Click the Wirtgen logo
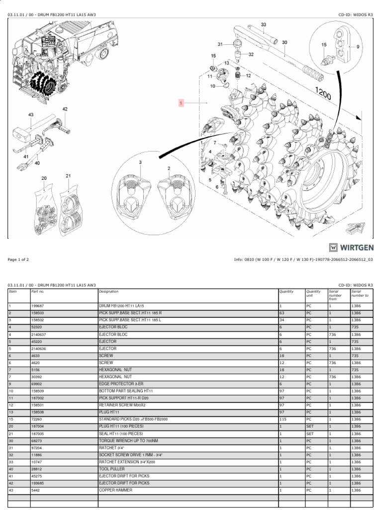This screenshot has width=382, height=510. coord(351,248)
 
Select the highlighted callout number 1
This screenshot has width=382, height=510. coord(182,103)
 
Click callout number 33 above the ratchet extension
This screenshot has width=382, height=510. coord(264,24)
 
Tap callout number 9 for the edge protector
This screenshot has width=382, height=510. coord(357,46)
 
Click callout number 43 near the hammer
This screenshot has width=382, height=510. coord(31,115)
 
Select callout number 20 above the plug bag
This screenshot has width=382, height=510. coord(44,178)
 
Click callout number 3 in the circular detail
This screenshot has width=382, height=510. coord(140,162)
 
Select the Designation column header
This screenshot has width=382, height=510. coord(109,291)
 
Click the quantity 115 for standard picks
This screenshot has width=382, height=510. coord(283,420)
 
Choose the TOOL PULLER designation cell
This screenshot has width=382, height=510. coord(111,469)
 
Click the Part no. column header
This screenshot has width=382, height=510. coord(38,291)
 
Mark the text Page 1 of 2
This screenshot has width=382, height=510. coord(18,259)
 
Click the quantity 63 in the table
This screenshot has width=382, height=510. coord(282,313)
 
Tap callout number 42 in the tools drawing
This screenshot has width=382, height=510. coord(65,109)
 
